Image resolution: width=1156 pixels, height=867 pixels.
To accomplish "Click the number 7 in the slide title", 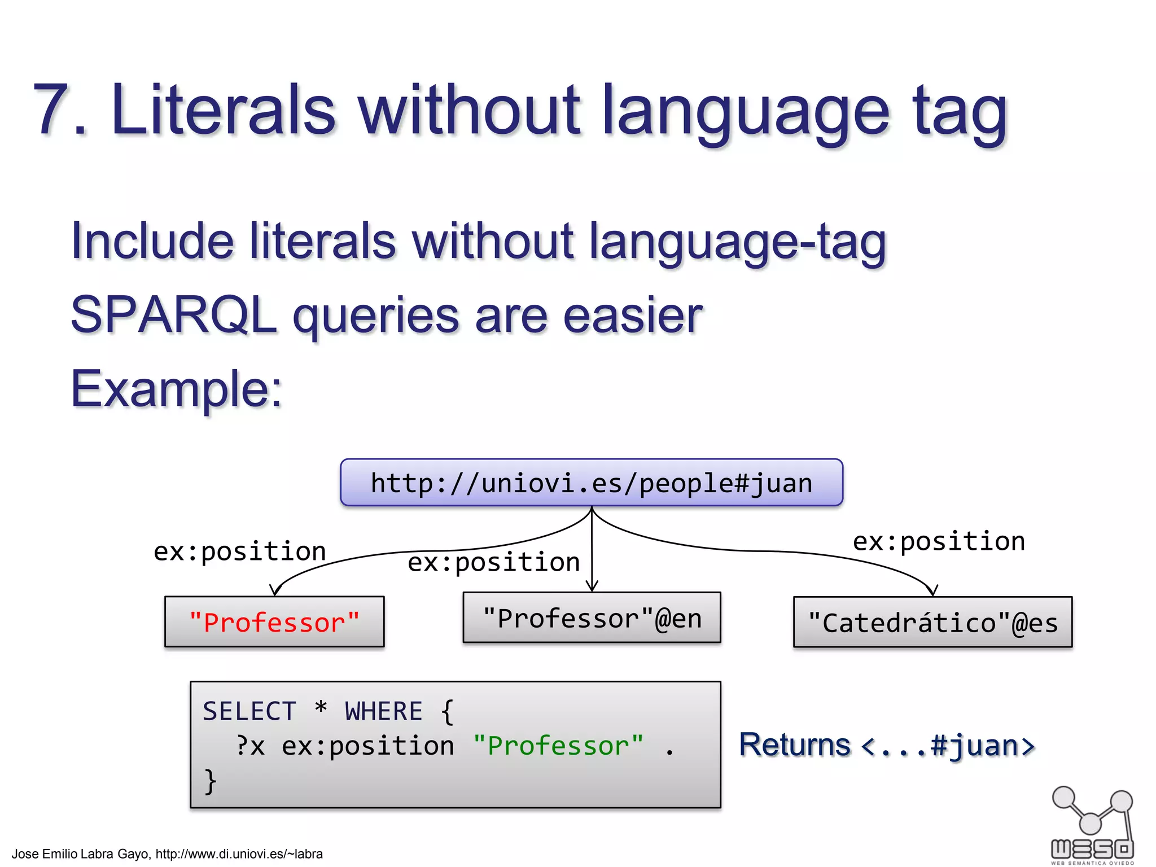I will [x=54, y=110].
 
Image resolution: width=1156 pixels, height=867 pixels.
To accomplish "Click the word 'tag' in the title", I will [x=960, y=113].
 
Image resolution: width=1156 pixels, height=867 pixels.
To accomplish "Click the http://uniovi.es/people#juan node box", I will [x=591, y=483].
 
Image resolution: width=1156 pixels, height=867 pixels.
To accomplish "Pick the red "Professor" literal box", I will [x=274, y=622].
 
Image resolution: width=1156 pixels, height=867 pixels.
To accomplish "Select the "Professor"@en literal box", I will [x=592, y=618].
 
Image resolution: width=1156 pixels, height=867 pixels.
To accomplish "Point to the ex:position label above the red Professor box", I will [x=240, y=551].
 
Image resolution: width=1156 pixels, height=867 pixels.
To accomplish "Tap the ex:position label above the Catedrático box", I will [x=938, y=541].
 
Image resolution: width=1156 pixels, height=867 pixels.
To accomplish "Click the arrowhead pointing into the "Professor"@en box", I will [x=592, y=587].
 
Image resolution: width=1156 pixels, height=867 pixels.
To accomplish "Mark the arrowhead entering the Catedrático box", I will [x=932, y=590].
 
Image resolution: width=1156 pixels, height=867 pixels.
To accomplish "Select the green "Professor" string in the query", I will [x=558, y=746].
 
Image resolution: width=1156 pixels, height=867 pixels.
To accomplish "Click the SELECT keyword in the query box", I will [x=249, y=711].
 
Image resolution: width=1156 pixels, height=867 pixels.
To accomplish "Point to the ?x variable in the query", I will [x=250, y=746].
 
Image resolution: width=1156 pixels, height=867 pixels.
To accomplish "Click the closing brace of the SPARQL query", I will [x=210, y=781].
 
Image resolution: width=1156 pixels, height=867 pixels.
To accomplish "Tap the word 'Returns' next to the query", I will [x=794, y=745].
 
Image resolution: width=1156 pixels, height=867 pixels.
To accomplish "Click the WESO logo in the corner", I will [x=1092, y=825].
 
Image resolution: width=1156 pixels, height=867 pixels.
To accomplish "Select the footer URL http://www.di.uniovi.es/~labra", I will [x=239, y=854].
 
